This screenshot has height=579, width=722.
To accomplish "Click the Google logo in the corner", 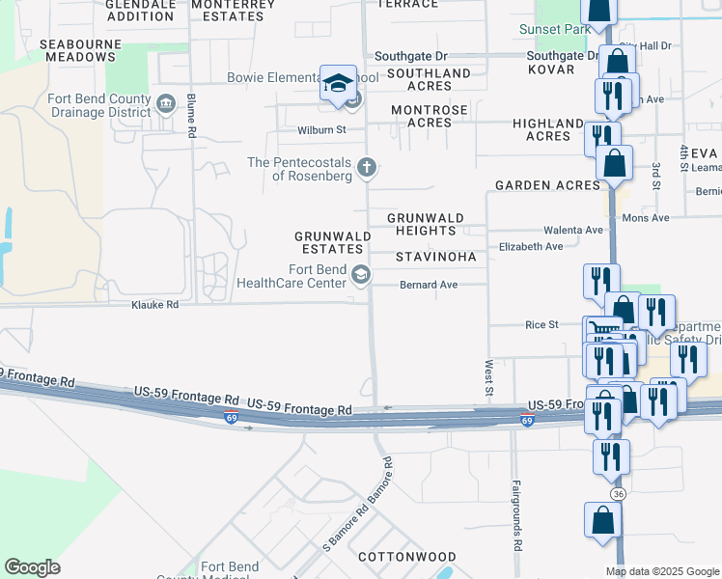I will click(x=32, y=567).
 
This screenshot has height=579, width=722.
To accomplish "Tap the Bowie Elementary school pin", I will click(x=339, y=83).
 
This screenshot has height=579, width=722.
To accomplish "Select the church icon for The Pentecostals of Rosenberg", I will click(x=366, y=168).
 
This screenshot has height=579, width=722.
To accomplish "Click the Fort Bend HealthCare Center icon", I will click(x=360, y=276).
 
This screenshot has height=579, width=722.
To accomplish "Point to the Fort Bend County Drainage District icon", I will click(x=165, y=103).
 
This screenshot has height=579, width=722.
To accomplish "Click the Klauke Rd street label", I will click(x=155, y=305).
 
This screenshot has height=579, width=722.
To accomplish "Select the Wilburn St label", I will click(x=321, y=129).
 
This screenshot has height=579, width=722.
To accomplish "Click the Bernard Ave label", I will click(x=430, y=286).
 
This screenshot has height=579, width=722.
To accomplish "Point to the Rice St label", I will click(x=541, y=325).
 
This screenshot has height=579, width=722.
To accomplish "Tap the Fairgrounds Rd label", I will click(x=517, y=516).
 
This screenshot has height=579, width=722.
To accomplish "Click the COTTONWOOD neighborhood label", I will click(x=406, y=558).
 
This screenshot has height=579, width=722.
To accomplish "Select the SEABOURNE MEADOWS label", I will click(x=78, y=50).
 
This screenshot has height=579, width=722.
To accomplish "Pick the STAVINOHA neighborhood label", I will click(x=436, y=258).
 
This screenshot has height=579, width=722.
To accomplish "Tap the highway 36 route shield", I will click(x=618, y=493).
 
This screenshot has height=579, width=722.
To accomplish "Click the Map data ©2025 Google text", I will click(x=662, y=571).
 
